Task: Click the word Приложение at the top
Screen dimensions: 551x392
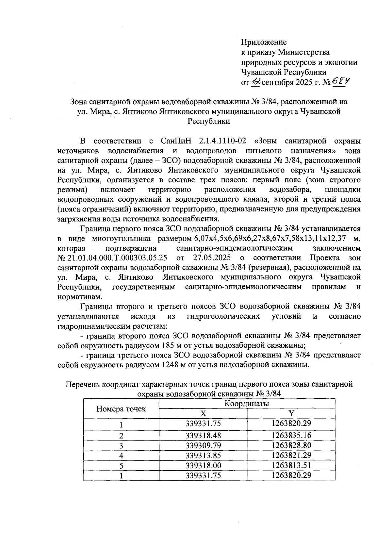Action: [264, 42]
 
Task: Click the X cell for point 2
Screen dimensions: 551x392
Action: [203, 435]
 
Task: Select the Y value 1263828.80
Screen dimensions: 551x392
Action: [291, 445]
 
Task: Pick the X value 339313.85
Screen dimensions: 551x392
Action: [203, 455]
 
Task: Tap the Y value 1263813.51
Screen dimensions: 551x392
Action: [291, 465]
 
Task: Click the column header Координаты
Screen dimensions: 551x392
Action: [247, 404]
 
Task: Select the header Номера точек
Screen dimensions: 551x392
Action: [121, 409]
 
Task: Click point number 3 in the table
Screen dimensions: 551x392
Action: [121, 445]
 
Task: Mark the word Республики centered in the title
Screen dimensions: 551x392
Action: [208, 122]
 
